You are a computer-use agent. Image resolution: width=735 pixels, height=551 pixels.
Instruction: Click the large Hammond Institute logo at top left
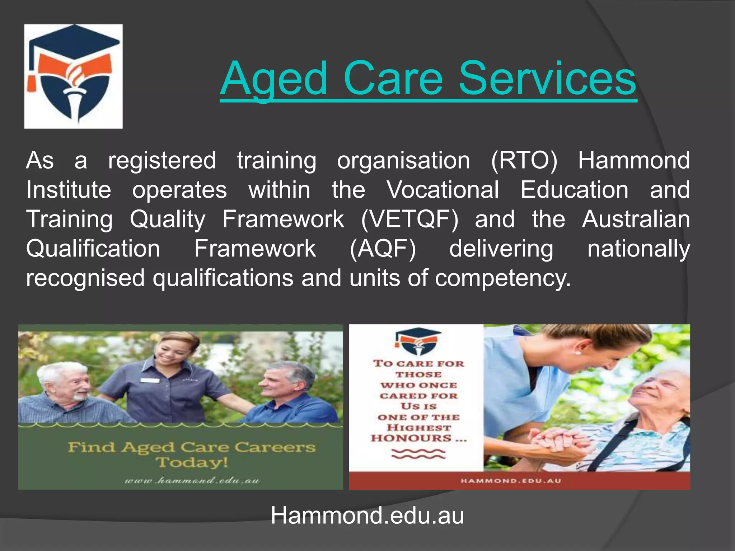click(x=74, y=76)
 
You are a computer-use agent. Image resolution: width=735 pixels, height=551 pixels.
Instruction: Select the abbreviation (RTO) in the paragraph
click(x=524, y=160)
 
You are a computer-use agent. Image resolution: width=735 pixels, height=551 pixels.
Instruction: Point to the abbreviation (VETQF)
click(x=409, y=219)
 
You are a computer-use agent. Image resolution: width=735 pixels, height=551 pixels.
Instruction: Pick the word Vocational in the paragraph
click(x=443, y=190)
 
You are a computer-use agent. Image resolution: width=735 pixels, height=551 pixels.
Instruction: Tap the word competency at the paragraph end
click(x=502, y=279)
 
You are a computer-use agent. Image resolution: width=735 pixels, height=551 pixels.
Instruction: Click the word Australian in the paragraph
click(x=636, y=219)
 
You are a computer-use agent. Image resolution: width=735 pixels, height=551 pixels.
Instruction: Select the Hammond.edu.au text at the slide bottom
click(x=367, y=516)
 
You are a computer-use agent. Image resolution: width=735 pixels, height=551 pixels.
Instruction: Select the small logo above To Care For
click(x=418, y=341)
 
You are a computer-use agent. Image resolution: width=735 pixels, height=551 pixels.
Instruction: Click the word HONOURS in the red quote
click(x=411, y=438)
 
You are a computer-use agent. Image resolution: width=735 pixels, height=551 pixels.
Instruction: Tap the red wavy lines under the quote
click(x=418, y=454)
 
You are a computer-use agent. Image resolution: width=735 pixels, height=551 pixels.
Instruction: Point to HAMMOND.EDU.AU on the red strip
click(x=511, y=481)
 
